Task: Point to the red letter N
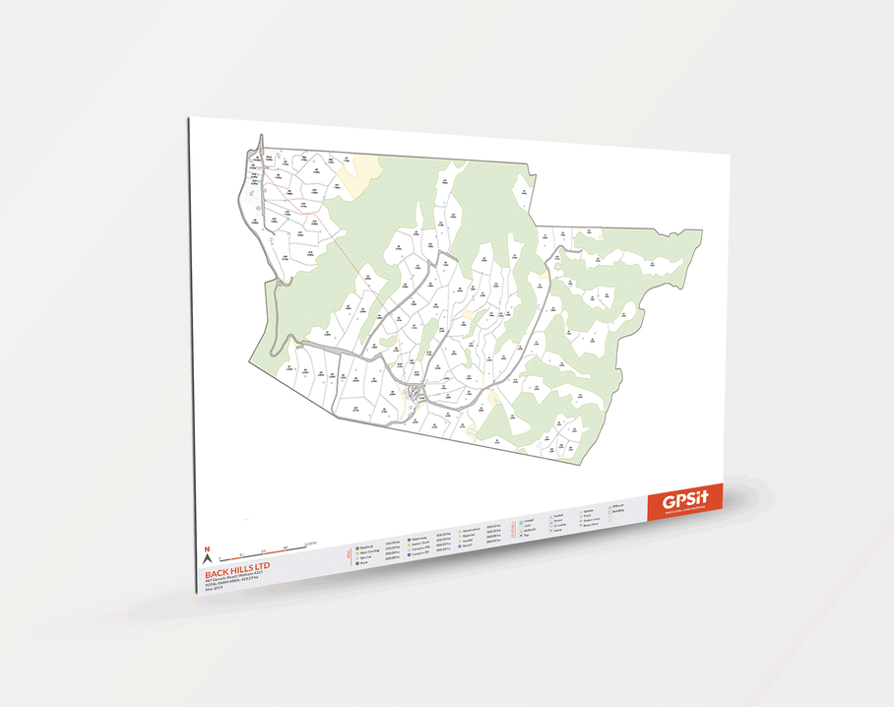(x=206, y=547)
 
